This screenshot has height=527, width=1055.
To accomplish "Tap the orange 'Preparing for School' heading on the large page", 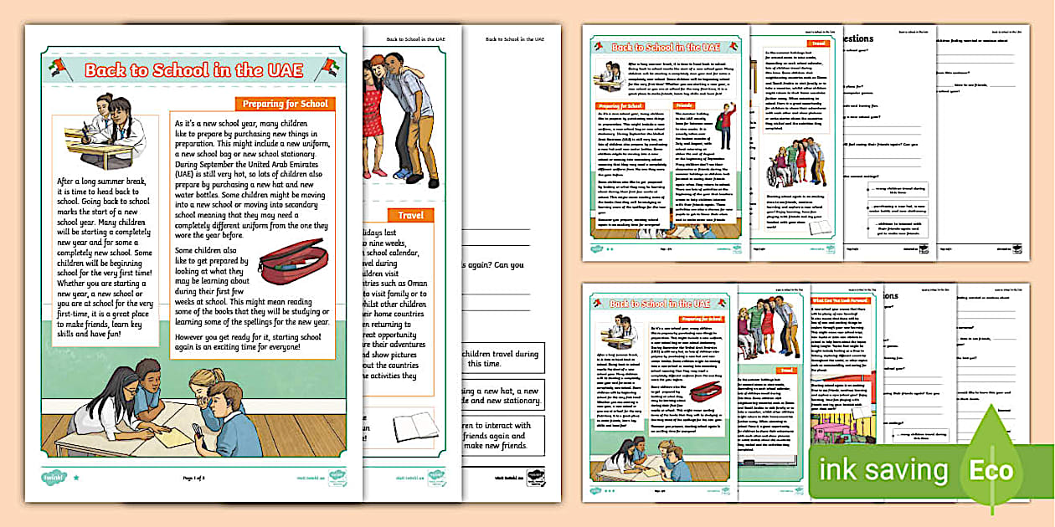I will click(286, 105).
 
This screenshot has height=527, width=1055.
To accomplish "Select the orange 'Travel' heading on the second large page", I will click(409, 216).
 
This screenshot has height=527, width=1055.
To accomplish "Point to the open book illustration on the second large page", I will click(415, 427).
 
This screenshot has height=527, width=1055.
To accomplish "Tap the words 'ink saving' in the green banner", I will click(884, 470).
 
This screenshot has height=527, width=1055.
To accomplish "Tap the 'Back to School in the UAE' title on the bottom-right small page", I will click(659, 304).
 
